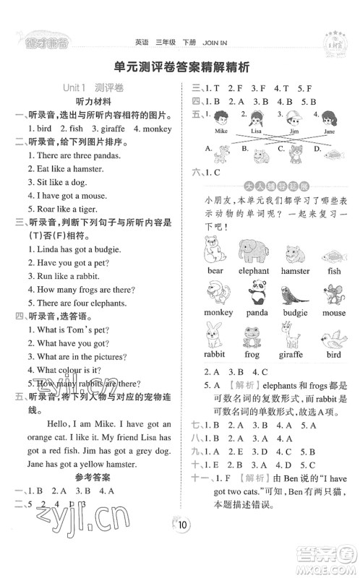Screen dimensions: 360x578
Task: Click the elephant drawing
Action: point(253,249)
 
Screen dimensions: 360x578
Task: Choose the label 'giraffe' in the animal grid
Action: point(293,356)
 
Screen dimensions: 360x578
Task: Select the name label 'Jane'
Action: point(329,132)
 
